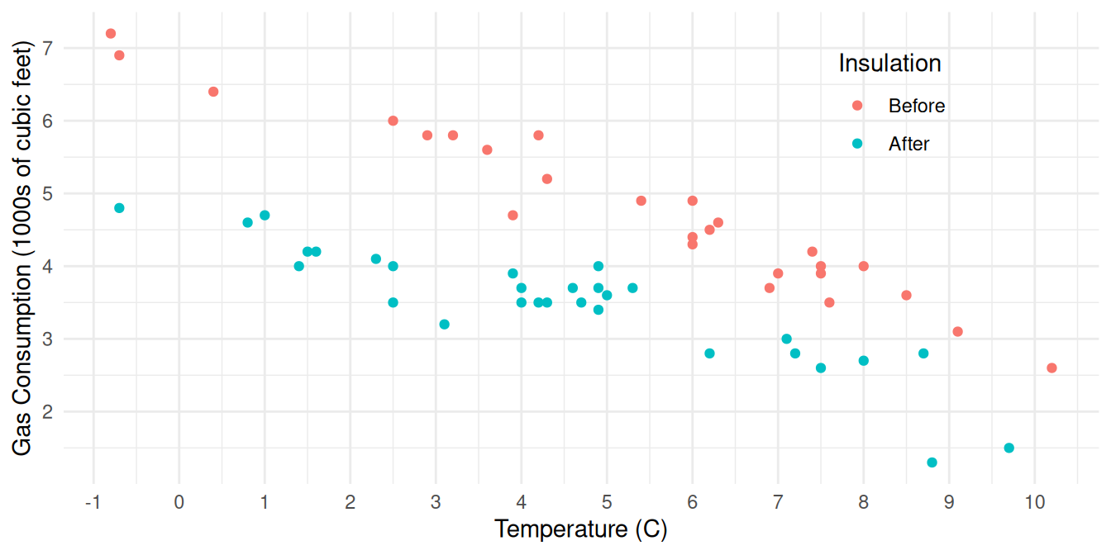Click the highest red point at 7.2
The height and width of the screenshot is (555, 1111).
pyautogui.click(x=111, y=34)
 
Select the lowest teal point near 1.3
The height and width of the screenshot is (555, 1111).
pyautogui.click(x=932, y=462)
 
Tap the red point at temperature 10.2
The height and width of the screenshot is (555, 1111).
pyautogui.click(x=1051, y=368)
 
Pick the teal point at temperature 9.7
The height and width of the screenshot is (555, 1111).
pyautogui.click(x=1009, y=448)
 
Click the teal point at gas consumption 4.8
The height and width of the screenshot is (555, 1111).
pyautogui.click(x=119, y=208)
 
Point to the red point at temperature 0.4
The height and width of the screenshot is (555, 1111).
pyautogui.click(x=213, y=92)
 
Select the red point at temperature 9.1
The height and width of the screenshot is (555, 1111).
pyautogui.click(x=958, y=332)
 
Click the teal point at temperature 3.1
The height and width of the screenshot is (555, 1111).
pyautogui.click(x=445, y=325)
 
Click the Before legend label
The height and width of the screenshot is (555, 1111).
pyautogui.click(x=917, y=106)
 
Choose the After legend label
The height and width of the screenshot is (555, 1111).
pyautogui.click(x=909, y=144)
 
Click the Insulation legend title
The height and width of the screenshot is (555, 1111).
pyautogui.click(x=889, y=64)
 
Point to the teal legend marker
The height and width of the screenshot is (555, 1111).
pyautogui.click(x=857, y=144)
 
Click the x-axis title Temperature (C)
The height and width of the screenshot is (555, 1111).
pyautogui.click(x=580, y=529)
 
